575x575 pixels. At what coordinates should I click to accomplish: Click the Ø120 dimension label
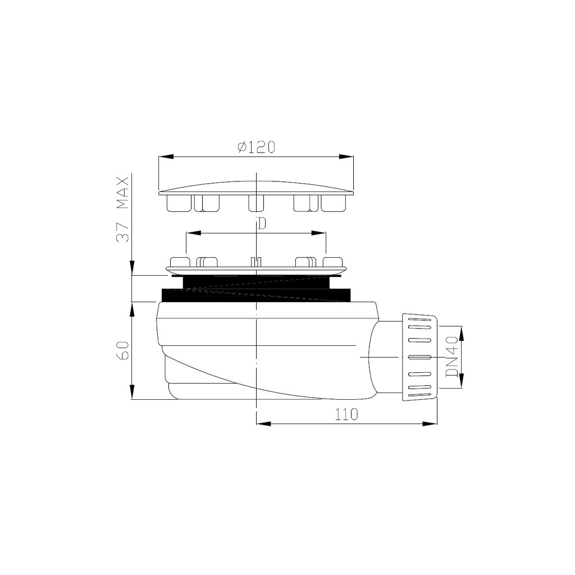(256, 147)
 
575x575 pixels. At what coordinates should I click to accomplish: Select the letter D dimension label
(261, 223)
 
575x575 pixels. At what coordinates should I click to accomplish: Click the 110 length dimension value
(346, 414)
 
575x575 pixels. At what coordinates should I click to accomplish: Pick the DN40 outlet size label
(452, 357)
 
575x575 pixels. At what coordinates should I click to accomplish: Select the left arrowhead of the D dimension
(193, 233)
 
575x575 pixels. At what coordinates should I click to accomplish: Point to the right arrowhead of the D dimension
(318, 233)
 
